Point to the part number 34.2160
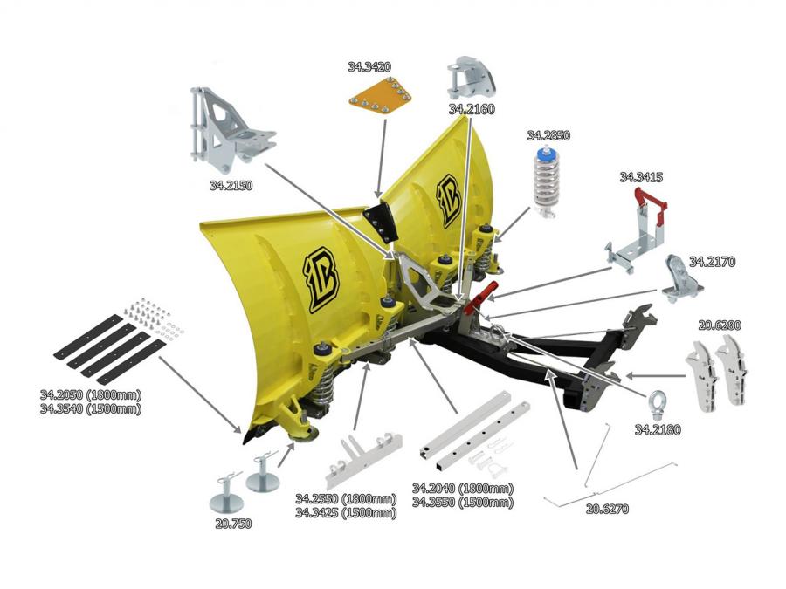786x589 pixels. (472, 110)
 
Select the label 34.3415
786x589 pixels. (641, 177)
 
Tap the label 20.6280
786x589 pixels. (720, 325)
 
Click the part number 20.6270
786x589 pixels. (608, 508)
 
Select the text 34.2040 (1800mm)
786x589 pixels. (462, 488)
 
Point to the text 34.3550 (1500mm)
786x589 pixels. (462, 503)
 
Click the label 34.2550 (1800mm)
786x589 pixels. (345, 499)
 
